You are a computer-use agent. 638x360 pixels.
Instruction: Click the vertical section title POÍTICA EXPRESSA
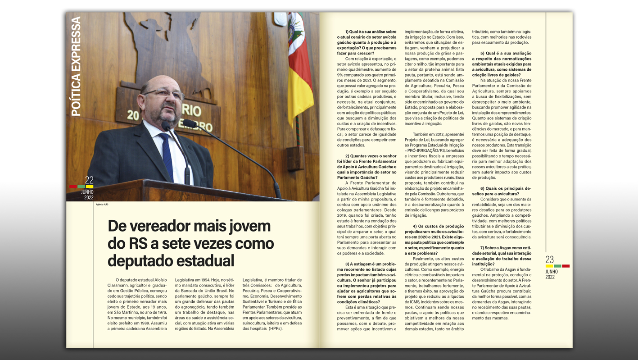pos(76,67)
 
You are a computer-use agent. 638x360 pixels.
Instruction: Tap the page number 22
pos(89,180)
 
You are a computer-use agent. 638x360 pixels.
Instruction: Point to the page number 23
pos(550,260)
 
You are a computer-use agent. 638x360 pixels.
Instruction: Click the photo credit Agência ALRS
pos(102,205)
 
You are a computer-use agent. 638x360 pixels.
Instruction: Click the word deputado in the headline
pos(139,260)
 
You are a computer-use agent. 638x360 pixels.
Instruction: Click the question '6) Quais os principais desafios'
pos(502,191)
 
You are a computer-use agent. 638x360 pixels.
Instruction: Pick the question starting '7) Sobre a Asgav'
pos(502,253)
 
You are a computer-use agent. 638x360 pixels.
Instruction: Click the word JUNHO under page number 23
pos(552,272)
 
